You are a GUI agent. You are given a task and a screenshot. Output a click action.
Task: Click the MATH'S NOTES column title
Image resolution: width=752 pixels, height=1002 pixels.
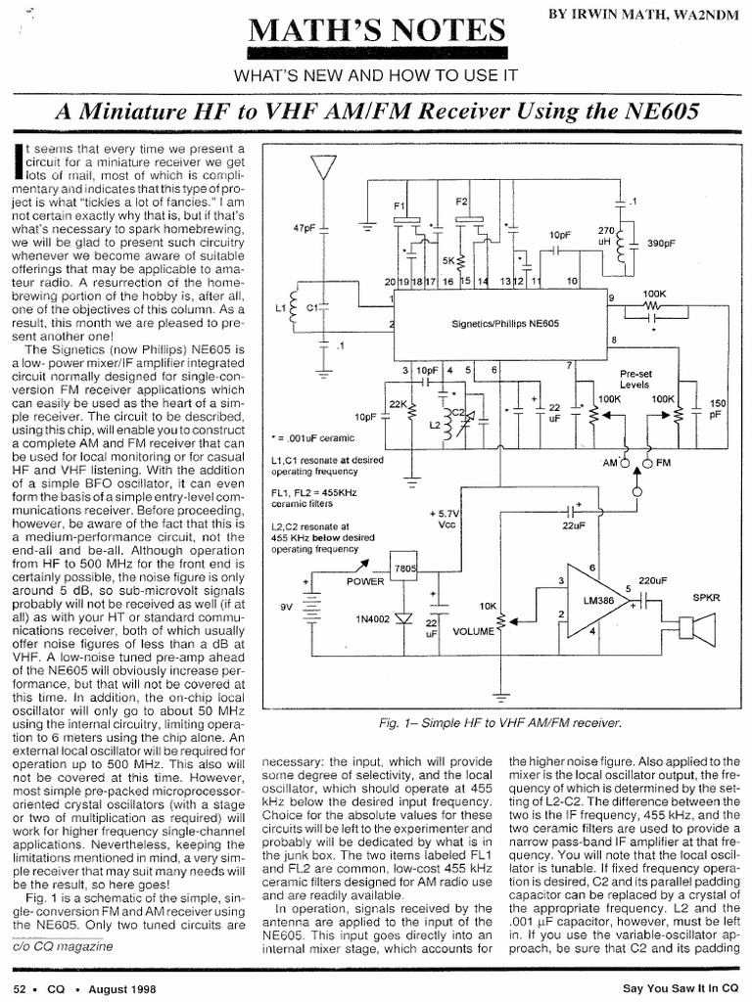pos(377,28)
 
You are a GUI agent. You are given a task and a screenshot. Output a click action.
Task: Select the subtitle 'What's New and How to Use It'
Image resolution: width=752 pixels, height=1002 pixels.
pos(376,76)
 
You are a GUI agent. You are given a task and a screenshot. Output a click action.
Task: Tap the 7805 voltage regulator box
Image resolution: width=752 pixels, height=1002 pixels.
pos(402,569)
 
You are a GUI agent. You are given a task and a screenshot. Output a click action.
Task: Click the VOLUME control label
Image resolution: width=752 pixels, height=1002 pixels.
pos(474,632)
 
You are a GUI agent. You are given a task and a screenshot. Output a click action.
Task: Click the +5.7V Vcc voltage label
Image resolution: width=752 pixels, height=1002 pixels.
pos(444,519)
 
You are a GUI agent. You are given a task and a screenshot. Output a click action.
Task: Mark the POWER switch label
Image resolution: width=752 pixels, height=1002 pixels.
pos(366,580)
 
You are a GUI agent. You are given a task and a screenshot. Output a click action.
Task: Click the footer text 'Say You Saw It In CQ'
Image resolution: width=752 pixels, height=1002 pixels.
pos(679,986)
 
